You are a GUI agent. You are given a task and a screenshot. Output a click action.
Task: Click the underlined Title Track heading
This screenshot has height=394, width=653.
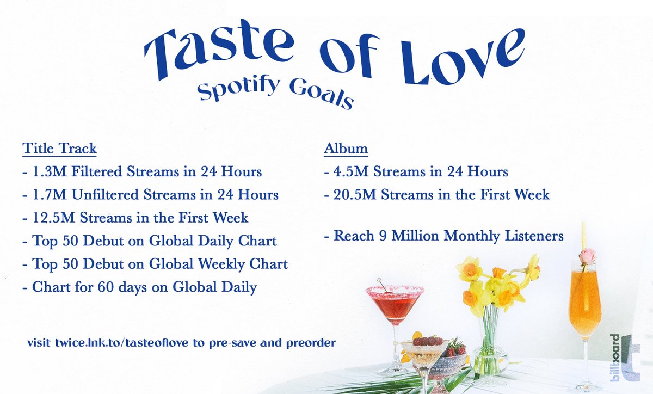pos(59,149)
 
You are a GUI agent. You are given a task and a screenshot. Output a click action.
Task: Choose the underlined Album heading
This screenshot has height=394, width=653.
pos(346,149)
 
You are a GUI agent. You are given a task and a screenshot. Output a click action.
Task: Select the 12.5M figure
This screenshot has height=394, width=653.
pos(49,218)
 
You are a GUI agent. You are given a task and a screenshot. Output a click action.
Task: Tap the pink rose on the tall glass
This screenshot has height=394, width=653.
pos(587,256)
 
